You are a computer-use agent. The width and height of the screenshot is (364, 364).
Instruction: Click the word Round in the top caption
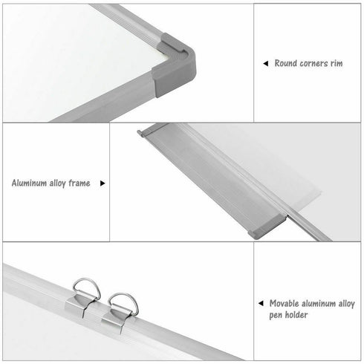(x=287, y=64)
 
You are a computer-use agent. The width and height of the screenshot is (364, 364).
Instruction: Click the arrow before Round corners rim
(x=266, y=64)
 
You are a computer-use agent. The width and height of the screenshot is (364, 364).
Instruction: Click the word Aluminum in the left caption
(x=33, y=182)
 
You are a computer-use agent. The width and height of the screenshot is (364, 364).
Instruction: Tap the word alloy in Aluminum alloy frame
(x=66, y=182)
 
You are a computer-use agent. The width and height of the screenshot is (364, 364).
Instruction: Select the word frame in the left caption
(x=88, y=182)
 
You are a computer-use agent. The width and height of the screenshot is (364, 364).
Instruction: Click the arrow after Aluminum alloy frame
(x=103, y=182)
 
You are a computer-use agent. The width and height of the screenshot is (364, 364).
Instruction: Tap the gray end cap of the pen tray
(x=267, y=224)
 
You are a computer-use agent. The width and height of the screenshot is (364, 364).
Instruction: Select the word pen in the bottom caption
(x=276, y=315)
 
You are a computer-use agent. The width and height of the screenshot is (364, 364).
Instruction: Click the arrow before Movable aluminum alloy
(x=261, y=304)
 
